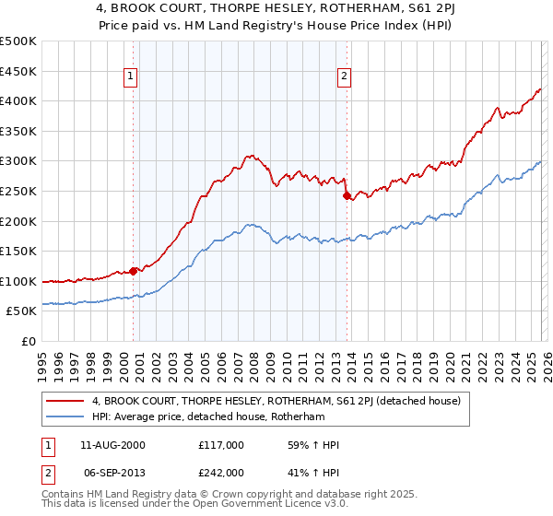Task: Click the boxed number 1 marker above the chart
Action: pos(132,76)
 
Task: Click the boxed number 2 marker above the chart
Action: pos(344,76)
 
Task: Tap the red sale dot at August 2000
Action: pos(133,271)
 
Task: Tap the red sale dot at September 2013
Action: pos(345,195)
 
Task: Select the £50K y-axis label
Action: pos(22,311)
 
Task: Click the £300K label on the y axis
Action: pos(18,160)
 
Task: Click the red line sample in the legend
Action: pos(66,400)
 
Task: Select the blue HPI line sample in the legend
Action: pos(66,417)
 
